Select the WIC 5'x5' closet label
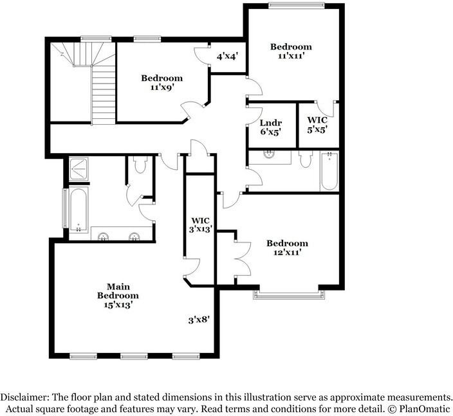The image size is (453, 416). pyautogui.click(x=317, y=125)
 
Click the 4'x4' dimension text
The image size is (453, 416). pyautogui.click(x=227, y=57)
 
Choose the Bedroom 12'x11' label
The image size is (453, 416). pyautogui.click(x=287, y=248)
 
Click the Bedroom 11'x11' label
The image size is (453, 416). pyautogui.click(x=291, y=51)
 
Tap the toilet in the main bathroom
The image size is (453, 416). pyautogui.click(x=140, y=166)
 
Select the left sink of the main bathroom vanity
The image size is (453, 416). pyautogui.click(x=103, y=237)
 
